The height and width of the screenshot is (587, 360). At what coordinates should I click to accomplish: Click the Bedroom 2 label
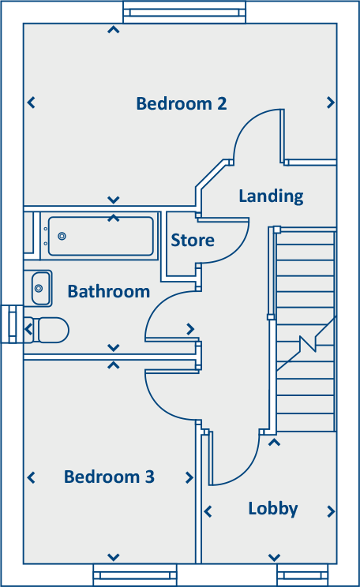(182, 103)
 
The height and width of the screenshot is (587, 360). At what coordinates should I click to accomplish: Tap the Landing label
(272, 196)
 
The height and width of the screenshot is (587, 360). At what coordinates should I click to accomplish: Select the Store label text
(193, 240)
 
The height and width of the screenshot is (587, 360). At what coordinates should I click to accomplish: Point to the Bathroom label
(109, 291)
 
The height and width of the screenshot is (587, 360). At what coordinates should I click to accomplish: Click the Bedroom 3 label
(109, 477)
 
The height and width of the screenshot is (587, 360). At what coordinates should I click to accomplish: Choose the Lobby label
(273, 509)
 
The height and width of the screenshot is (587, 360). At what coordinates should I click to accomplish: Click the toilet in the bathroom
(47, 330)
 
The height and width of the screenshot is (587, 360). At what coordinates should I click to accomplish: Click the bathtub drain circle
(62, 236)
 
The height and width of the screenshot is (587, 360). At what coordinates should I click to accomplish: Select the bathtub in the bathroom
(100, 236)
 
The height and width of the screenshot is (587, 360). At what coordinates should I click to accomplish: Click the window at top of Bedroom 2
(184, 13)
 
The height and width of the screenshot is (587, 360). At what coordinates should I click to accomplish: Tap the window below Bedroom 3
(135, 574)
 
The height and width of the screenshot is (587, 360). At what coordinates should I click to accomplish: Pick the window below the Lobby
(302, 574)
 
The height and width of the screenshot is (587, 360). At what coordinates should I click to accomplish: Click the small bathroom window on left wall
(12, 324)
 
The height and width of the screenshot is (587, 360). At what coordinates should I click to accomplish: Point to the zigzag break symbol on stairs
(308, 344)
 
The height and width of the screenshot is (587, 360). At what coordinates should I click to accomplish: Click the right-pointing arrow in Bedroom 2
(331, 103)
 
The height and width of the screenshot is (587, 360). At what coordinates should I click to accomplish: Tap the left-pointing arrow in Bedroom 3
(32, 477)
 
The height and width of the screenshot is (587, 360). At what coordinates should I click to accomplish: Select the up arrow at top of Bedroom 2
(114, 29)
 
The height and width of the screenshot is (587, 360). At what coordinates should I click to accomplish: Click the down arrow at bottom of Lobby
(274, 558)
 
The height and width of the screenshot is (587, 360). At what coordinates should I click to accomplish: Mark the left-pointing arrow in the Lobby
(208, 511)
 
